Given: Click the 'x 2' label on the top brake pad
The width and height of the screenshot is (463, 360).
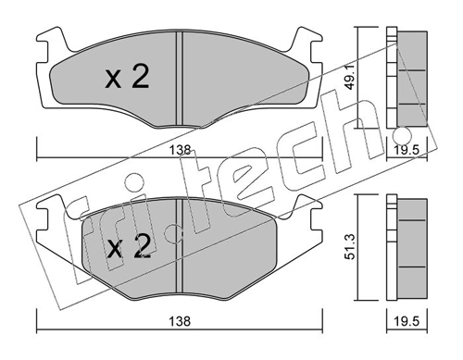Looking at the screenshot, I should coord(127,79).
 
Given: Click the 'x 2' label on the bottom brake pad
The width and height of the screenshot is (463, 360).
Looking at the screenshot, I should coord(127,248).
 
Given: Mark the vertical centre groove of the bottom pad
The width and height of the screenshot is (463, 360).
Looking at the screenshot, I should coord(178,245).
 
